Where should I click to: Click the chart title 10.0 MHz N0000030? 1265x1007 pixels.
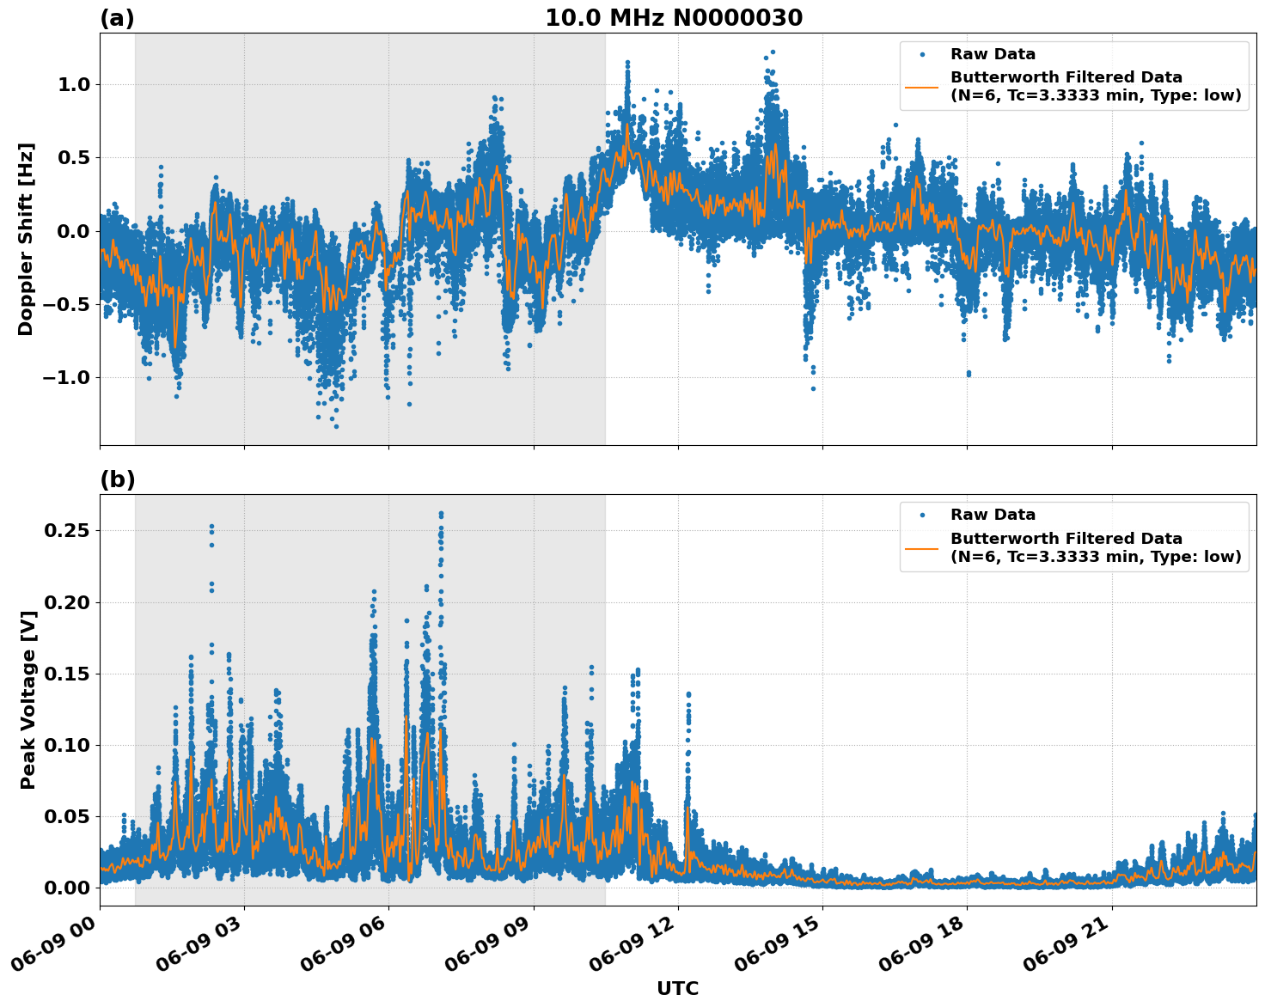[x=674, y=18]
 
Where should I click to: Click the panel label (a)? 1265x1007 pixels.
[x=117, y=18]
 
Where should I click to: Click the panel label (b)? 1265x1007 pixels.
[x=117, y=479]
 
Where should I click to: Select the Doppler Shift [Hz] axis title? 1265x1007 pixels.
[x=26, y=239]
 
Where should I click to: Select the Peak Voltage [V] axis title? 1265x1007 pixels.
[x=28, y=718]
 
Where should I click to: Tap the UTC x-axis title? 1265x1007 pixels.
[x=677, y=988]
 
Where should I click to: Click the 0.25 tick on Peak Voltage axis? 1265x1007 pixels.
[x=67, y=530]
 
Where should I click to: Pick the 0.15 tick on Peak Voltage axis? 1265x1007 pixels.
[x=67, y=674]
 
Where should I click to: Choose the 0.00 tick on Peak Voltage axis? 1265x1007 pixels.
[x=67, y=888]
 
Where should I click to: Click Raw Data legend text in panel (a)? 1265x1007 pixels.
[x=993, y=54]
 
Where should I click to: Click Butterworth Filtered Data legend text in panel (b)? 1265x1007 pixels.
[x=1066, y=539]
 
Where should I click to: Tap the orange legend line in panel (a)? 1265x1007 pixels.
[x=922, y=86]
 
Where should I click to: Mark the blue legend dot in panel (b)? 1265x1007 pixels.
[x=922, y=516]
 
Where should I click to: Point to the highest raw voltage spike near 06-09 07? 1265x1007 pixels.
[x=441, y=515]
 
